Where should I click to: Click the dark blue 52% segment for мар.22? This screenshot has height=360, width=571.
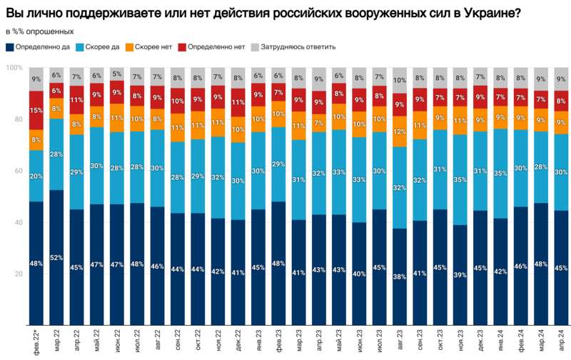56,257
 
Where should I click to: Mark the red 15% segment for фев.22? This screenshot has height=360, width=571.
36,110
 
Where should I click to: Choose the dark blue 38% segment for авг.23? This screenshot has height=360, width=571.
400,276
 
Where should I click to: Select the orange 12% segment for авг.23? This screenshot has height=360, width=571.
400,131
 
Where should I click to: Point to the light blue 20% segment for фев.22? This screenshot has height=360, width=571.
36,176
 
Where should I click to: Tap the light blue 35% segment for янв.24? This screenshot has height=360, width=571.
501,173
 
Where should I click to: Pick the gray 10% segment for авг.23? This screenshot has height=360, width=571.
400,81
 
